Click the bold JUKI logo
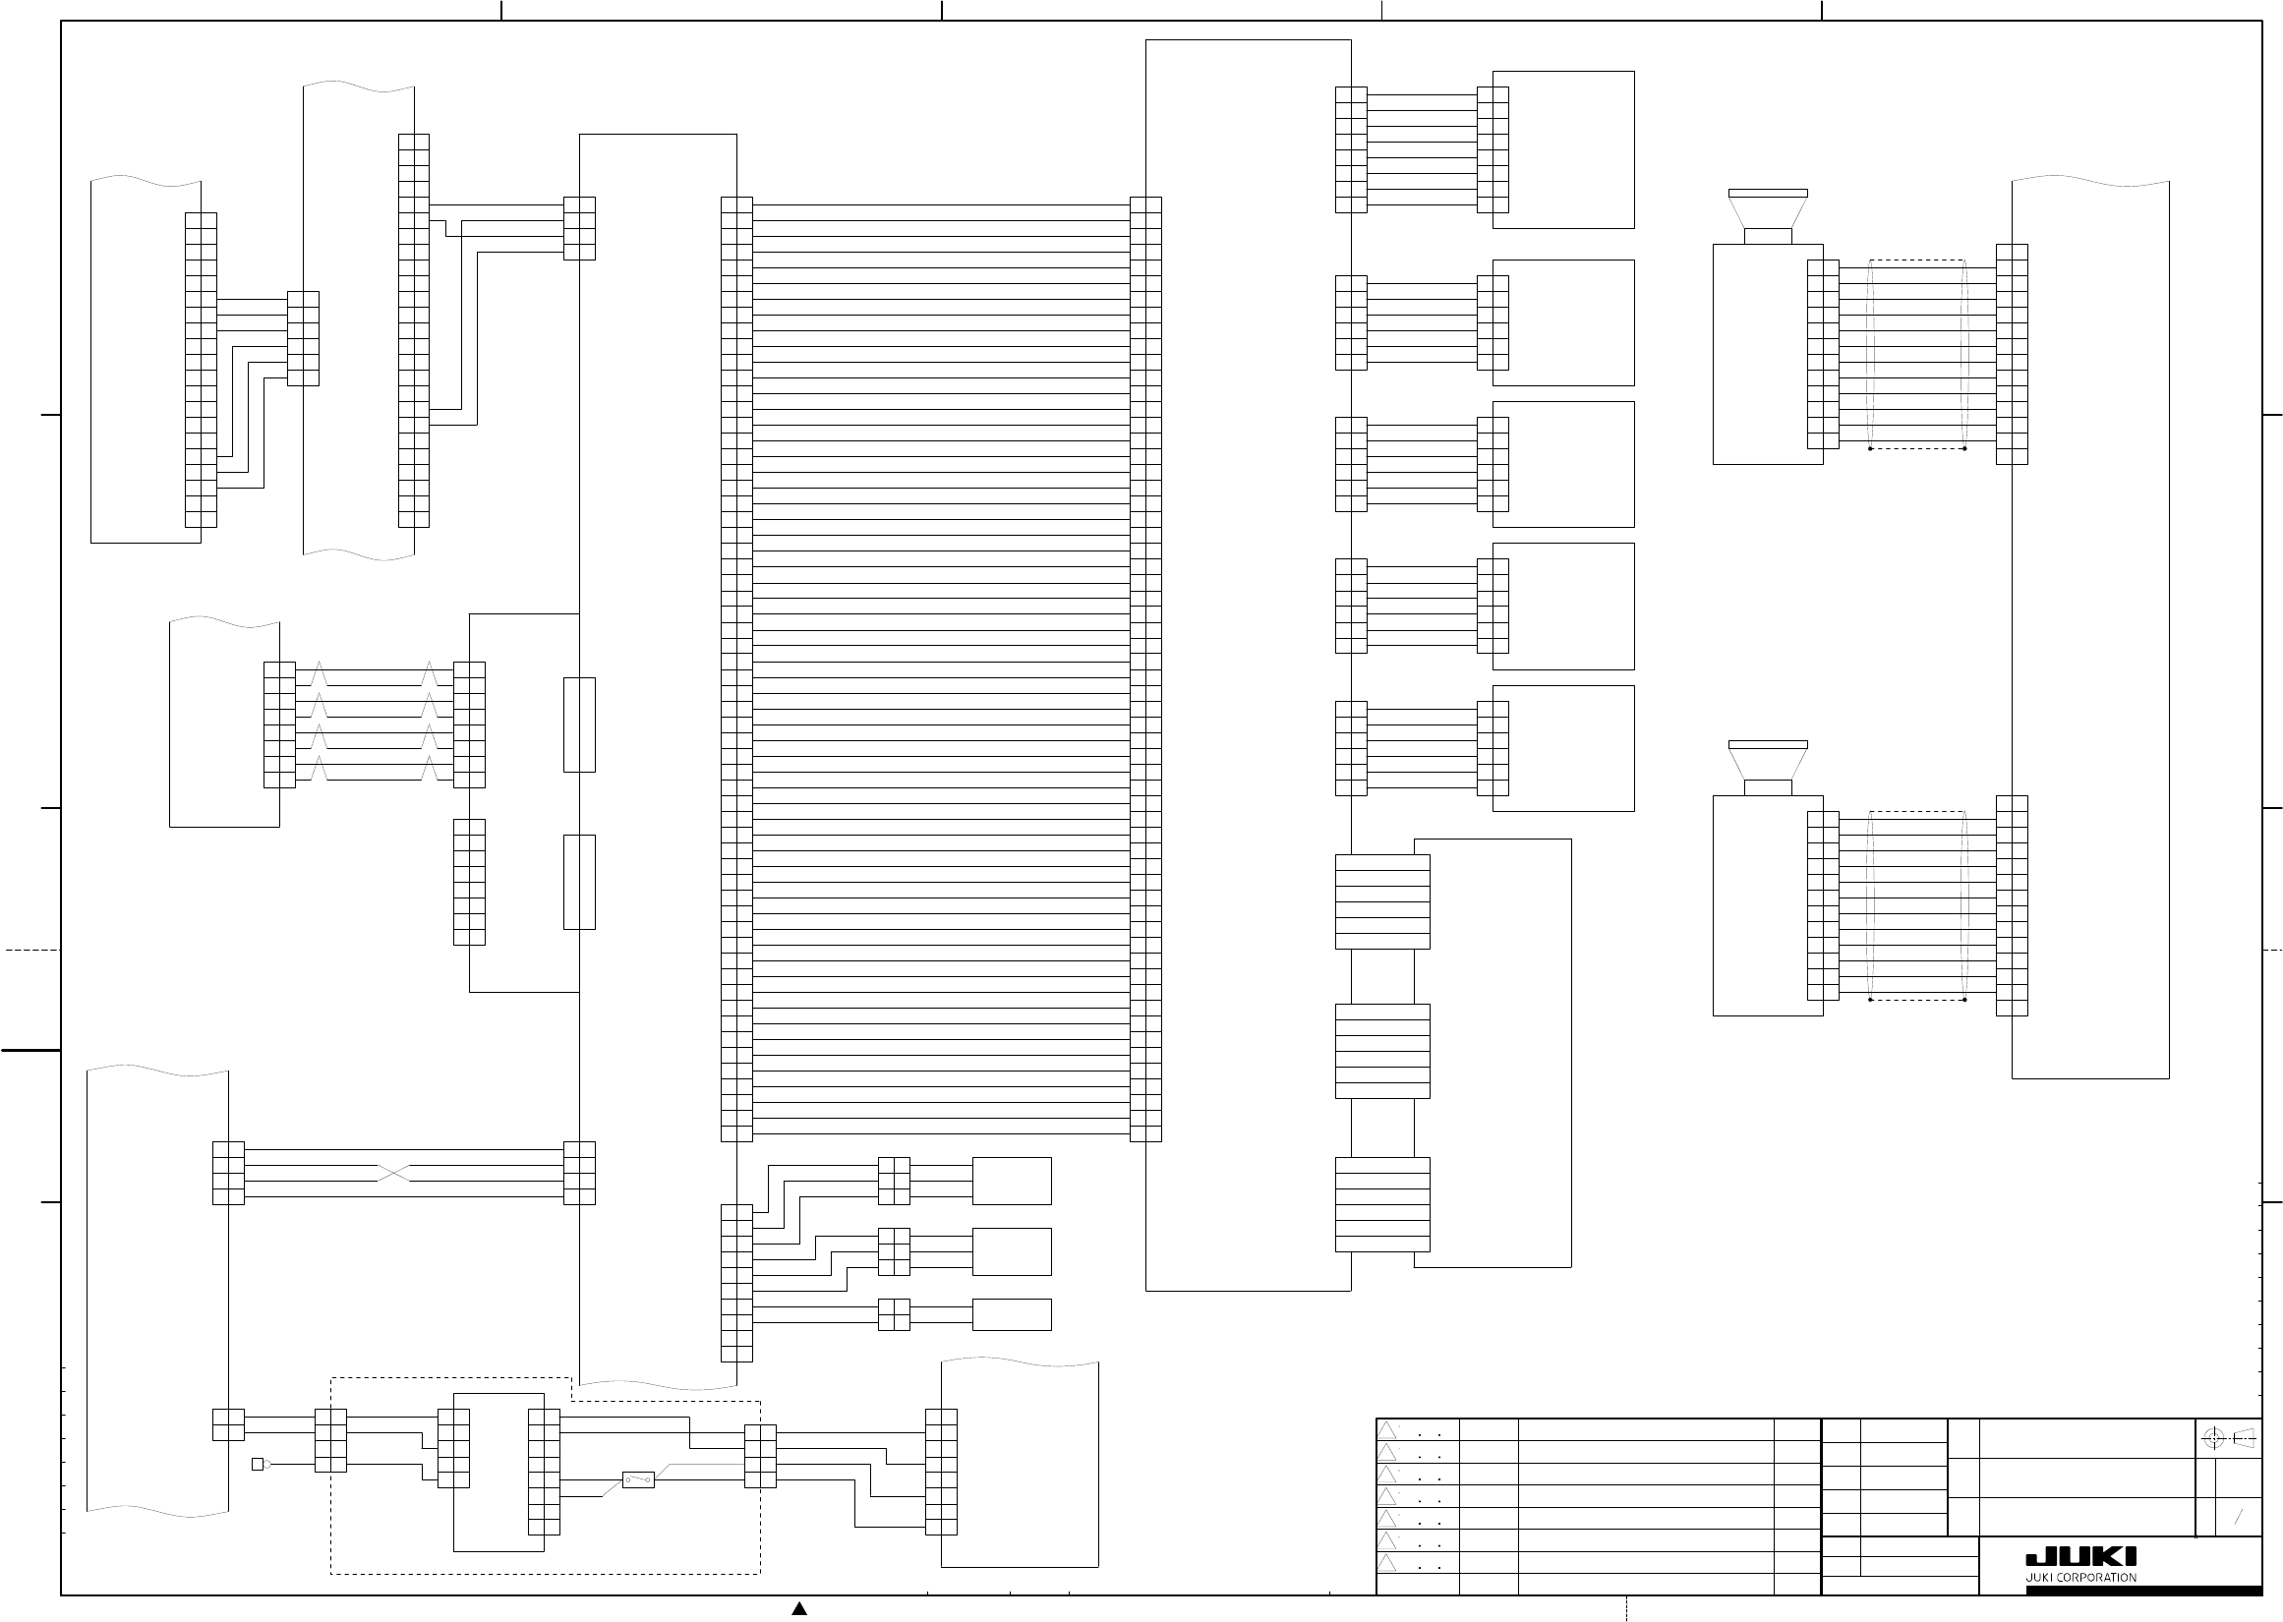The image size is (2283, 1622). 2080,1557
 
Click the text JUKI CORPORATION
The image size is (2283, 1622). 2080,1578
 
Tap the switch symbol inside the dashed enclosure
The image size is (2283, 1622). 638,1479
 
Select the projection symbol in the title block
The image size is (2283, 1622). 2229,1438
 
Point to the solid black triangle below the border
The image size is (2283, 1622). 799,1608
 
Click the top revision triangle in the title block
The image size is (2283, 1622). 1387,1430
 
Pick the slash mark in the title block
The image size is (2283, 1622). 2238,1516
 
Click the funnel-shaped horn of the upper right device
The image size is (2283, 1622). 1768,211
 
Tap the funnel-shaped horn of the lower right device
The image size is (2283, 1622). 1768,763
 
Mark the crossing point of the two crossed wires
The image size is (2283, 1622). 393,1173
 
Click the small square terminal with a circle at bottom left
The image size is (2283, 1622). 258,1464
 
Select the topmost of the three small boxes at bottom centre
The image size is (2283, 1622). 1012,1181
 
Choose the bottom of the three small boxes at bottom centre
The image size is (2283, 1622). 1012,1314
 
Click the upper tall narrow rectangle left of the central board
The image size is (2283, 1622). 579,724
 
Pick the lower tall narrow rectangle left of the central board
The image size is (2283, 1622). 579,882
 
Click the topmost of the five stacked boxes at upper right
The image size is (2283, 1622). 1563,149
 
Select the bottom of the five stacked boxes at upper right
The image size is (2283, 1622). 1563,748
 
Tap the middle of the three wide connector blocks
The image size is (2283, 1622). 1382,1051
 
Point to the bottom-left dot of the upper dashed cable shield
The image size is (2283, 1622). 1869,448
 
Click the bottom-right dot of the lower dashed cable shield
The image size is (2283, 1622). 1964,1000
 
